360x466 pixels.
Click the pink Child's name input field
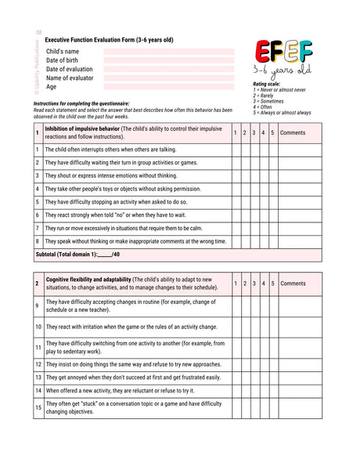pos(168,52)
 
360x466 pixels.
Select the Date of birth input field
pos(168,60)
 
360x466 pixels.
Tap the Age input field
pos(168,87)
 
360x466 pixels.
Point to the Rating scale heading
pos(267,84)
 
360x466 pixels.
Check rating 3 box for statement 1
pos(254,149)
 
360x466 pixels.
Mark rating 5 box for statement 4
pos(272,189)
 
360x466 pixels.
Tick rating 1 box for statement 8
pos(236,241)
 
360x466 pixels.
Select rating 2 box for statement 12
pos(245,364)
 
